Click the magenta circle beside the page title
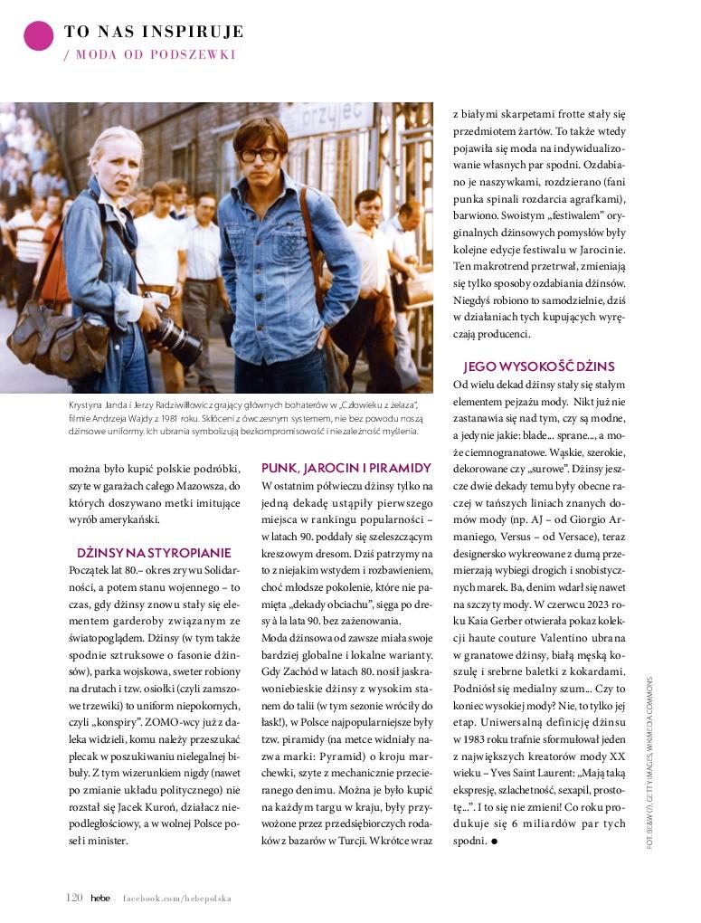click(39, 36)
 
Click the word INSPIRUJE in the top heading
click(199, 33)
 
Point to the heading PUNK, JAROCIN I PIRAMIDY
click(346, 468)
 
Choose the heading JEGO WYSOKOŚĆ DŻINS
click(538, 366)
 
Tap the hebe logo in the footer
click(99, 898)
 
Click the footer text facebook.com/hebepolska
click(177, 899)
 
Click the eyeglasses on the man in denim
click(260, 155)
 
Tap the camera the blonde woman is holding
click(171, 336)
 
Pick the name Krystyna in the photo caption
click(89, 404)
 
